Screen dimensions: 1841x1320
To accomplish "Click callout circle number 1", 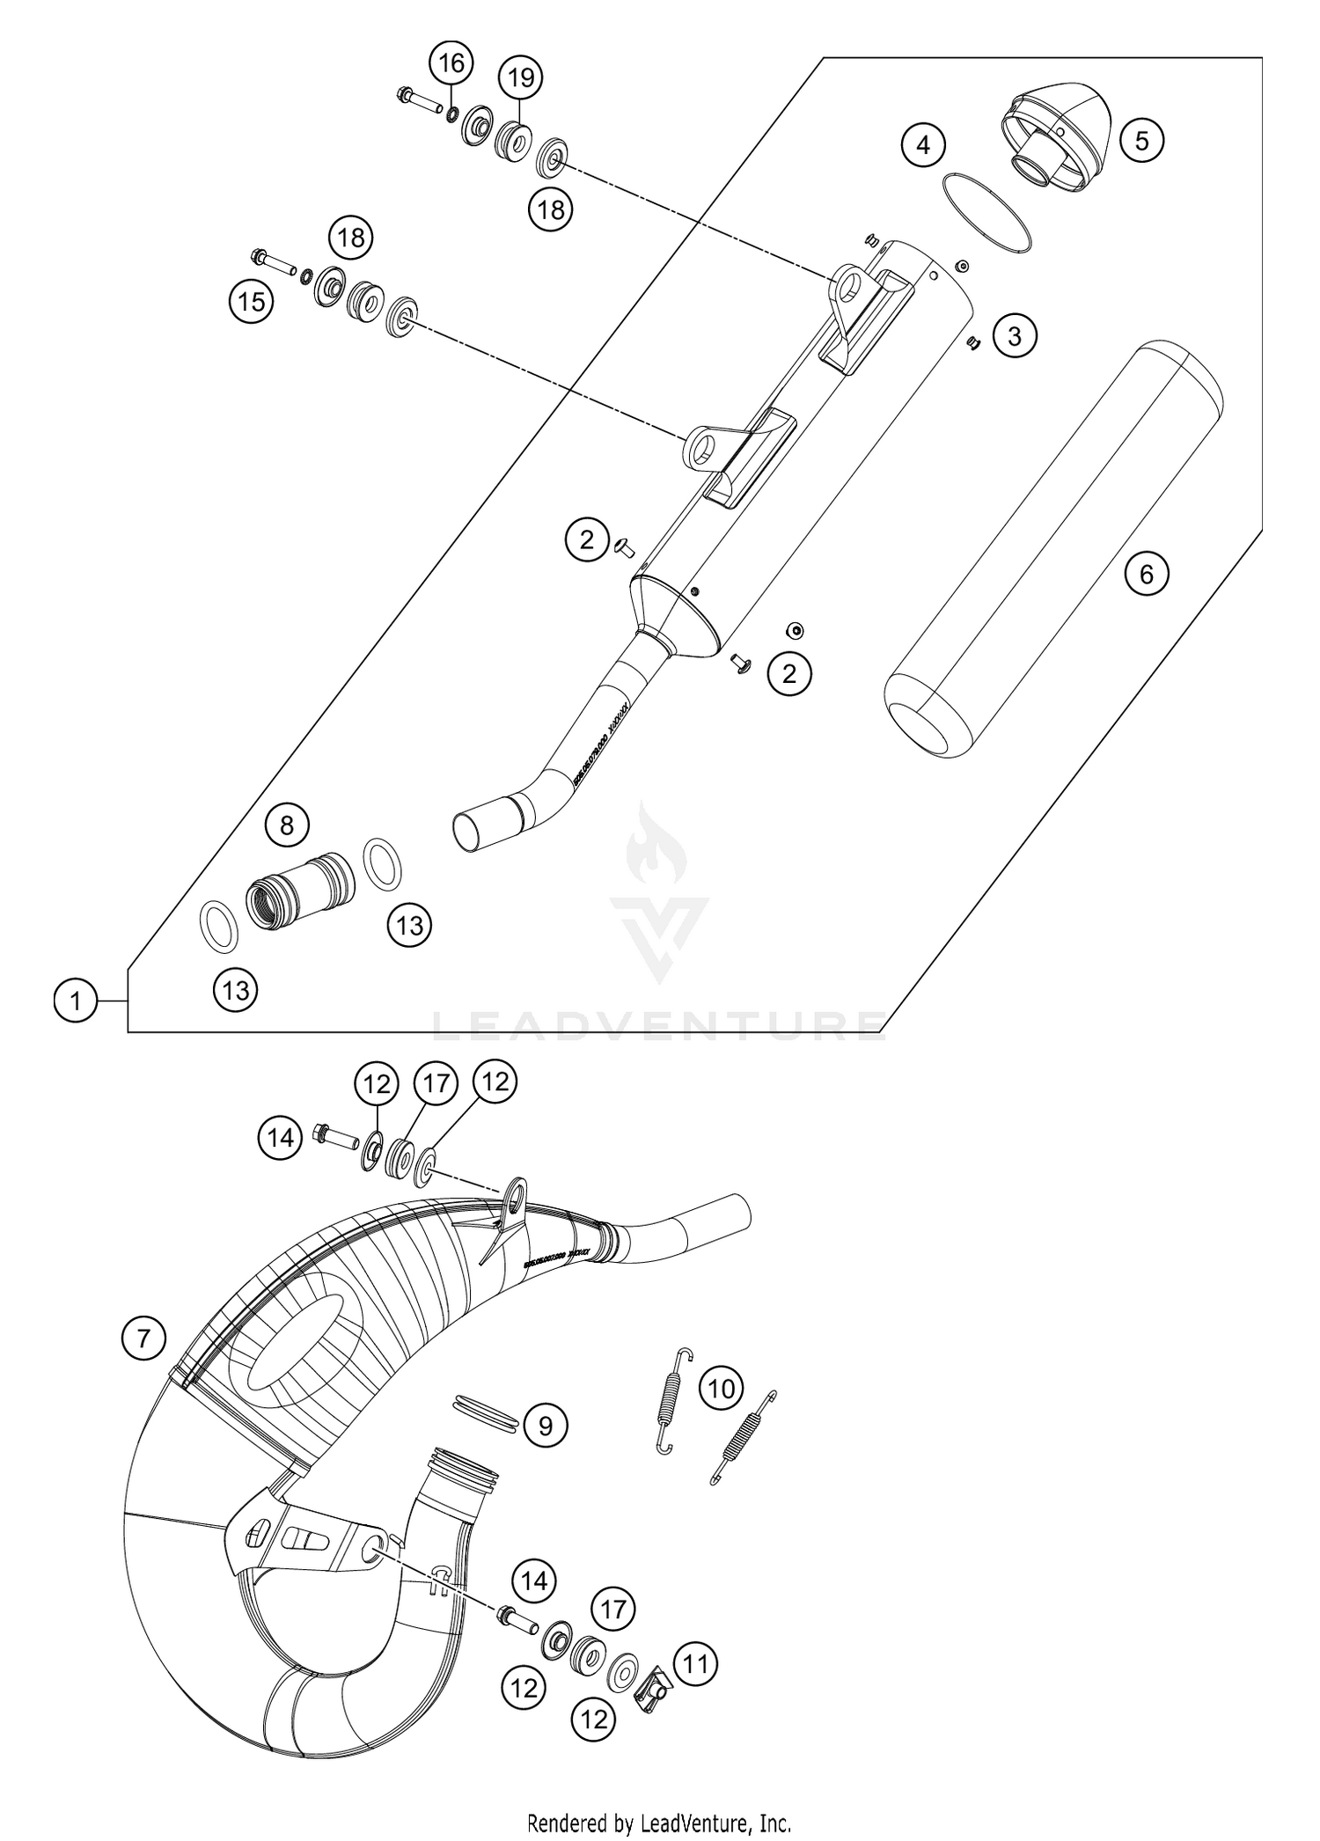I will tap(77, 1001).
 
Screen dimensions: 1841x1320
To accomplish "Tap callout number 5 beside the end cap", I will tap(1141, 141).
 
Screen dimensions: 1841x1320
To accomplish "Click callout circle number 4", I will tap(923, 144).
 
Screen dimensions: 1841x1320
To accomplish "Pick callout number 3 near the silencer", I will tap(1015, 336).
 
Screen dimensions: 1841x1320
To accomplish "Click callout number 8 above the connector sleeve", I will tap(287, 825).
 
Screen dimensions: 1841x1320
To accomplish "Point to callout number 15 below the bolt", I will tap(252, 302).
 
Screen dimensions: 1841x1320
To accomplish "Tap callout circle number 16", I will tap(451, 63).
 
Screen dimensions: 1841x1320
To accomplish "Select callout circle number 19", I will tap(521, 77).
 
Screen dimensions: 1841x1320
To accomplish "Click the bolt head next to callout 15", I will tap(260, 258).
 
